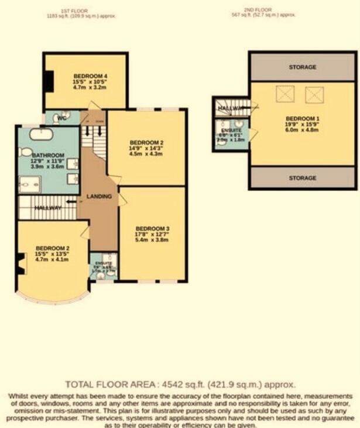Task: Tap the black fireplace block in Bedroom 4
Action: point(50,81)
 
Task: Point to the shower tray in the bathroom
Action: point(29,184)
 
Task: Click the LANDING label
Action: point(99,197)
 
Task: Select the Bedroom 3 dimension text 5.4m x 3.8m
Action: point(152,239)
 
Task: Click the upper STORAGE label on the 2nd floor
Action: point(303,67)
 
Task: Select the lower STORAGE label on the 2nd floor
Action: point(303,178)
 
